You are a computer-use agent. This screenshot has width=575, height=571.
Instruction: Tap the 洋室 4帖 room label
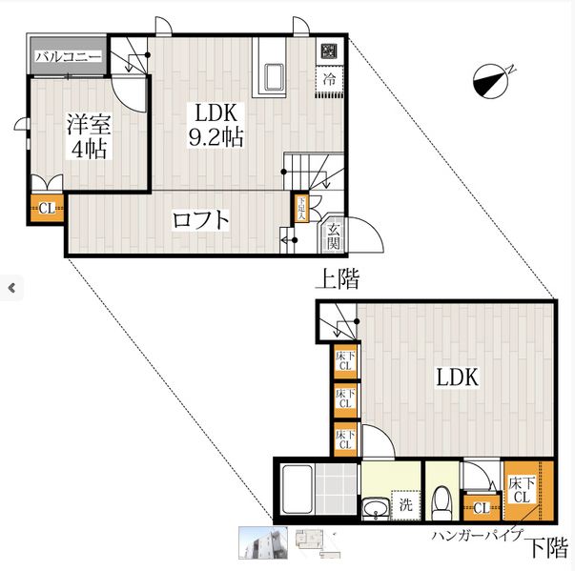tap(86, 136)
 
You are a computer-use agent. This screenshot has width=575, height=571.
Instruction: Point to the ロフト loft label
tap(200, 220)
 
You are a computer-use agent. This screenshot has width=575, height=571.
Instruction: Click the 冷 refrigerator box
tap(328, 80)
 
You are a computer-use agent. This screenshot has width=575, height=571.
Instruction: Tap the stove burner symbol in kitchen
tap(328, 51)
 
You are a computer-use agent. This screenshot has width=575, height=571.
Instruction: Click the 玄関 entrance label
tap(334, 235)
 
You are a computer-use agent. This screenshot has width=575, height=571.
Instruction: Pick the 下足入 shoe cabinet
tap(301, 208)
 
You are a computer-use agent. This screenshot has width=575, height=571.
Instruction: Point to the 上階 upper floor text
tap(338, 278)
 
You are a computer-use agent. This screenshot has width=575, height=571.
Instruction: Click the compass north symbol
tap(492, 82)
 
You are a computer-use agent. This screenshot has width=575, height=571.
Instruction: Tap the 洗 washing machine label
tap(405, 505)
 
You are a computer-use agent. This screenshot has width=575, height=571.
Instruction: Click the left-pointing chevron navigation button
tap(11, 286)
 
